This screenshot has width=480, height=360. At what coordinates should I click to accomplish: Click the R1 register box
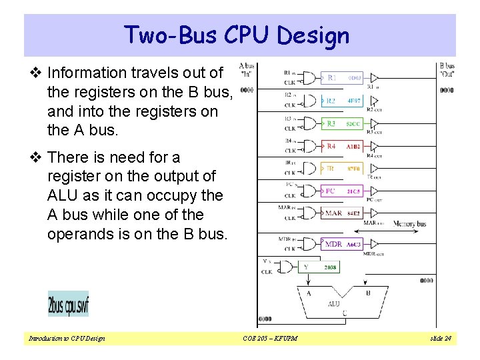click(343, 78)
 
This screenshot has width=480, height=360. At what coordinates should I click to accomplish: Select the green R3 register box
click(343, 123)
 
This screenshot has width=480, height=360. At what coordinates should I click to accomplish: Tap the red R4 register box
click(343, 146)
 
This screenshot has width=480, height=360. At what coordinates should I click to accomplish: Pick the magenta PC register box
click(343, 191)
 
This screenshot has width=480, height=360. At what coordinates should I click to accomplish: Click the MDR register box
click(343, 244)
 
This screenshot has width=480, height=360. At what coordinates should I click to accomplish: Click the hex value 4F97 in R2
click(353, 101)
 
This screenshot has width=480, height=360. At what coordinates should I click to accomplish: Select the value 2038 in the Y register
click(330, 267)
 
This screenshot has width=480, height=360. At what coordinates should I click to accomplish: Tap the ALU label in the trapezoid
click(333, 303)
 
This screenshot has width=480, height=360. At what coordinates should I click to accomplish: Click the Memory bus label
click(409, 224)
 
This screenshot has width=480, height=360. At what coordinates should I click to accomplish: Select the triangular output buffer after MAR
click(374, 213)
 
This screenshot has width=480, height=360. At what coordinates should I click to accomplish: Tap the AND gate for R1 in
click(308, 78)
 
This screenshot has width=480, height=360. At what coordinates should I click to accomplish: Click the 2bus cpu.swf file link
click(68, 304)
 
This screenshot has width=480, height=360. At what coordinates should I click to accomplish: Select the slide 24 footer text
click(440, 339)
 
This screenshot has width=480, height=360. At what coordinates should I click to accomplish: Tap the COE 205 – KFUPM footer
click(270, 339)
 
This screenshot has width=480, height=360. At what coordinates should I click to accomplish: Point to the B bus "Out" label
click(447, 70)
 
